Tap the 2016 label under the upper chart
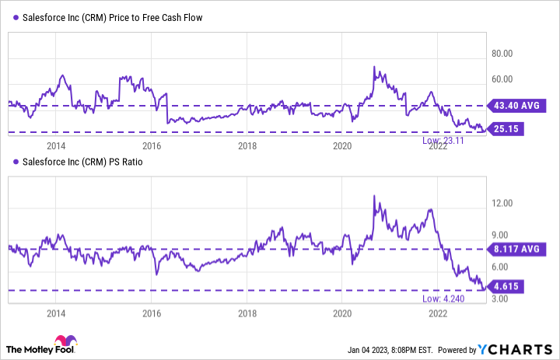coord(152,146)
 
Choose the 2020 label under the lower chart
coord(342,313)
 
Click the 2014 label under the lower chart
coord(56,313)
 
